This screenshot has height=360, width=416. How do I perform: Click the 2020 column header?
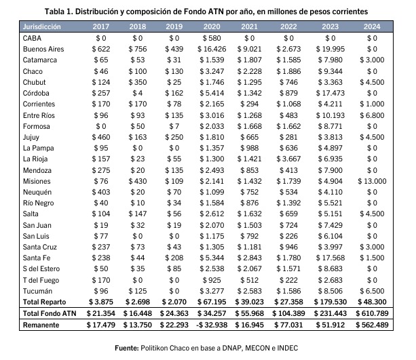[x=212, y=26]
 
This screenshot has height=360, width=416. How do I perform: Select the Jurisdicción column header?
[x=41, y=26]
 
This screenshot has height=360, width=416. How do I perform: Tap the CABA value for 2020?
[x=212, y=38]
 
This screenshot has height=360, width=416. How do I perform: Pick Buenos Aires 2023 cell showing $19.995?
[x=330, y=49]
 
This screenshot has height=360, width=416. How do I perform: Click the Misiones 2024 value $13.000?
[x=372, y=181]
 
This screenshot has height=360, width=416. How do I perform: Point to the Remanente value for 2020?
[x=212, y=325]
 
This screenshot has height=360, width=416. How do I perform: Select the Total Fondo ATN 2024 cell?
[x=372, y=313]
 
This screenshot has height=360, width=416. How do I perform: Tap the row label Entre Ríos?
[x=39, y=115]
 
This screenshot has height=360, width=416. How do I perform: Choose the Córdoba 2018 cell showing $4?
[x=138, y=93]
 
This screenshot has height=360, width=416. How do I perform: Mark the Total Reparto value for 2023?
[x=330, y=302]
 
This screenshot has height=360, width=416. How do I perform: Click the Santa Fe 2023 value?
[x=330, y=258]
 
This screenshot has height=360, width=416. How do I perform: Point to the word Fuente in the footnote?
[x=126, y=348]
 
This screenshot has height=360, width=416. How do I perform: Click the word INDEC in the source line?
[x=288, y=348]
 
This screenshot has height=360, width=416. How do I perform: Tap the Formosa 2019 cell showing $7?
[x=174, y=126]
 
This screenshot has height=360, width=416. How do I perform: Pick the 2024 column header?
[x=372, y=26]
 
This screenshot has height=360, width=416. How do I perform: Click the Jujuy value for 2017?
[x=101, y=137]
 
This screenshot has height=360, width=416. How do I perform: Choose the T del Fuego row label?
[x=41, y=280]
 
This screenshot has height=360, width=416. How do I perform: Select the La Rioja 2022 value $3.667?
[x=288, y=159]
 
